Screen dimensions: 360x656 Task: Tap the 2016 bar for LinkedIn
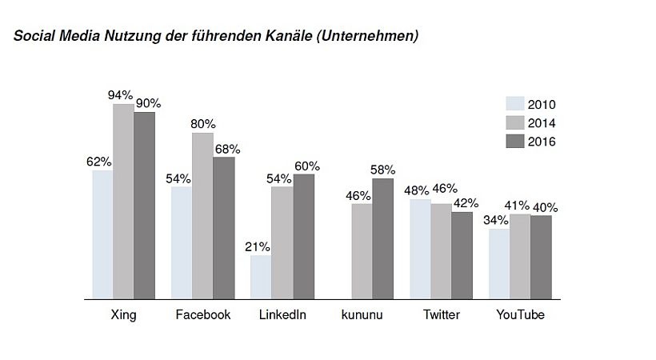point(304,237)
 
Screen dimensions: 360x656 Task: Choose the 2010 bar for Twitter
point(420,249)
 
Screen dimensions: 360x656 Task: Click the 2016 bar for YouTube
point(542,257)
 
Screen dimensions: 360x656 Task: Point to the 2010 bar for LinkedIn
point(260,277)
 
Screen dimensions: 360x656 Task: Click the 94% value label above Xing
point(121,95)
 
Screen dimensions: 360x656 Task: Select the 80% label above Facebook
point(202,124)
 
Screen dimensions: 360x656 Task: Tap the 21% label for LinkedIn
point(258,246)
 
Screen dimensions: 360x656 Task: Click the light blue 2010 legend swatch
point(514,104)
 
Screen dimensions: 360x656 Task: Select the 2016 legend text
point(542,142)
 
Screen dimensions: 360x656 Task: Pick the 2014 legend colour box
point(514,122)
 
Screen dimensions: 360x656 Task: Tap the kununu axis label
point(362,314)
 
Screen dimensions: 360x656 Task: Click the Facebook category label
point(203,314)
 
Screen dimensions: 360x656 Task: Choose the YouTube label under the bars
point(520,314)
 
